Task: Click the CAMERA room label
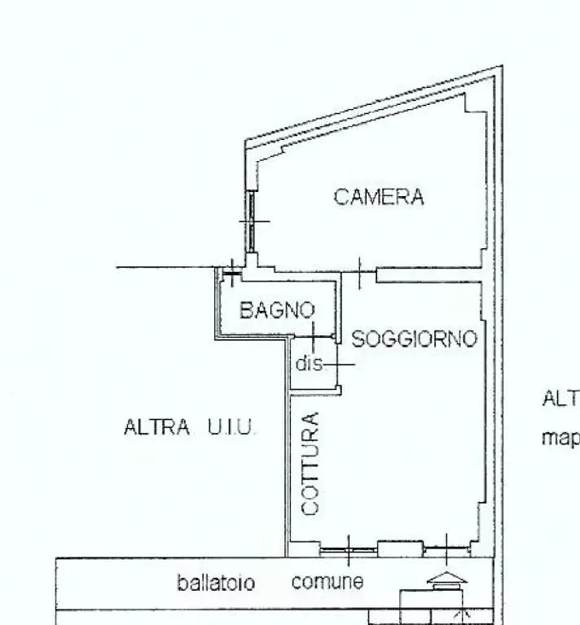tap(379, 197)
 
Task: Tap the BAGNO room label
tap(276, 310)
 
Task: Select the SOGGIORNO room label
tap(413, 339)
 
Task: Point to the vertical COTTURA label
tap(310, 463)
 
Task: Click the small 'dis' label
tap(309, 364)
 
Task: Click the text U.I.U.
tap(231, 427)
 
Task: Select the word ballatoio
tap(216, 583)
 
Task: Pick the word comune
tap(327, 582)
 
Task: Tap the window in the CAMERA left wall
tap(253, 221)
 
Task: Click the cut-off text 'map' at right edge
tap(560, 439)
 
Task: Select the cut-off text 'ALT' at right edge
tap(560, 400)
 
